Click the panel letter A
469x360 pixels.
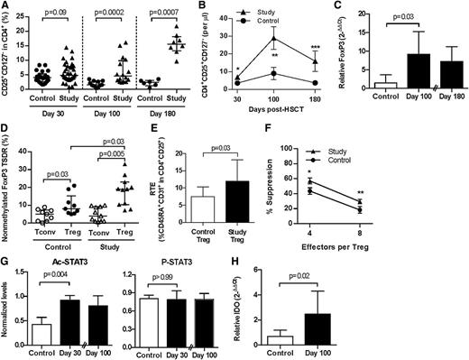(6, 7)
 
